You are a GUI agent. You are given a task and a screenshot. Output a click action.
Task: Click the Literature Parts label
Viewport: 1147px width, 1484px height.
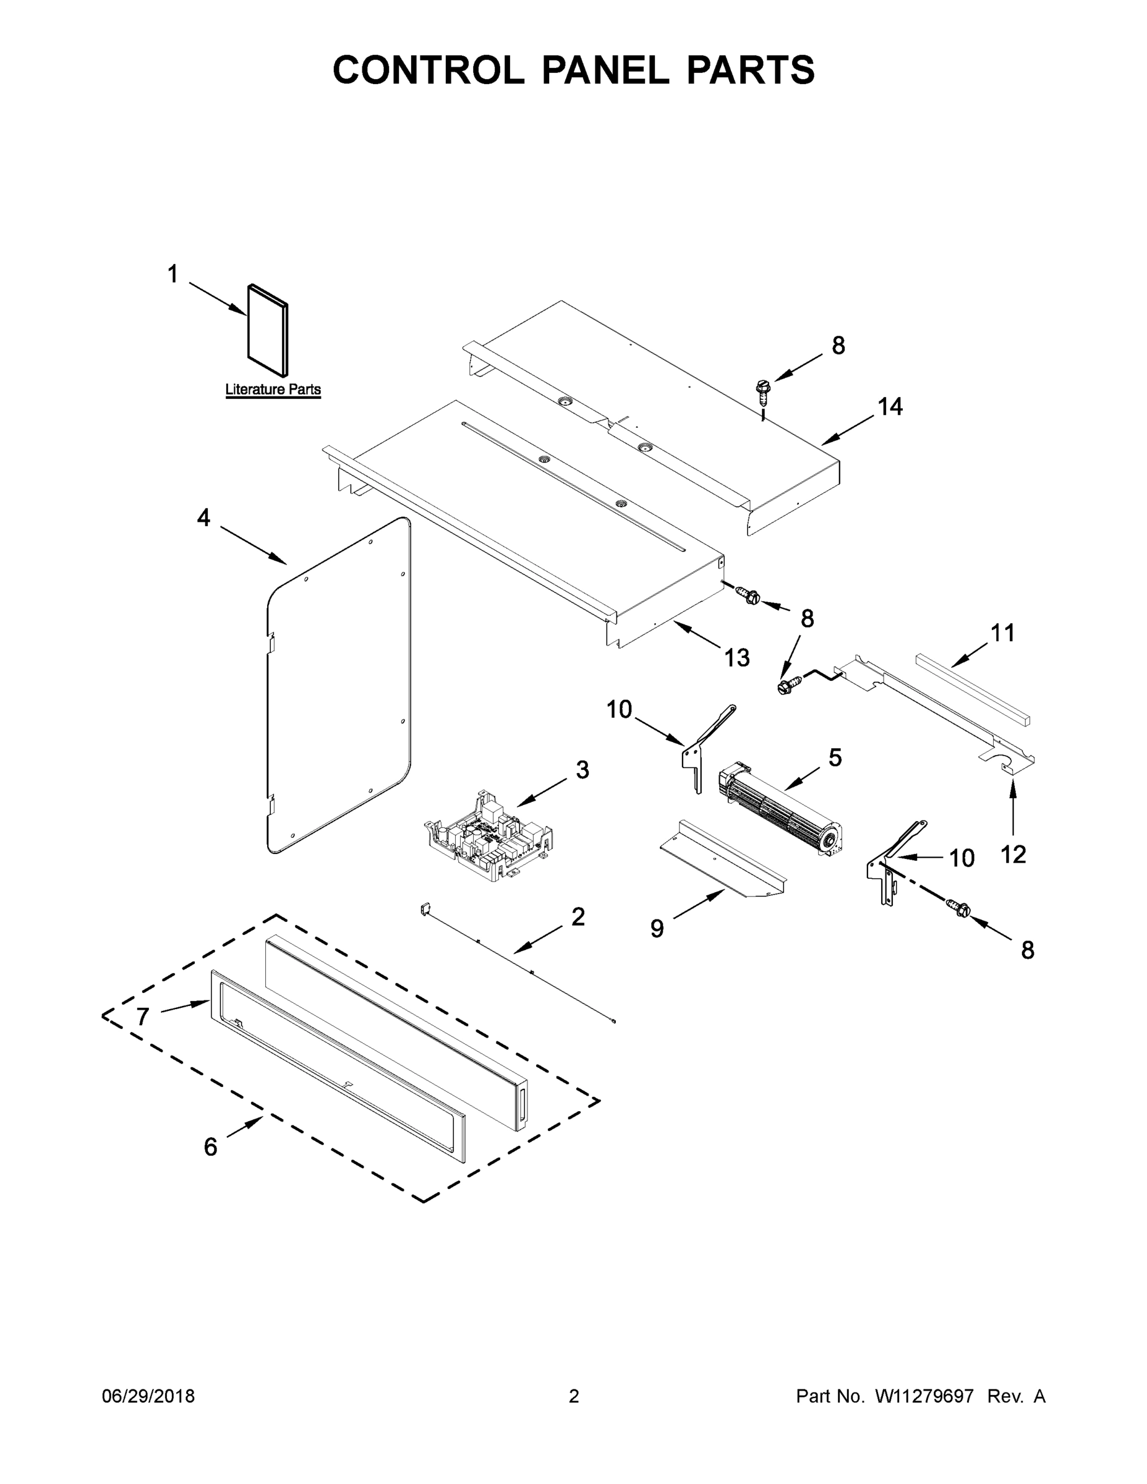273,390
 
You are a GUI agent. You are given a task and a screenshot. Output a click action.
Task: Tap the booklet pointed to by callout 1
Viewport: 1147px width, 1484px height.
268,330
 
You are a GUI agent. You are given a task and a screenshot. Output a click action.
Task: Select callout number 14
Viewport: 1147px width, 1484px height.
890,407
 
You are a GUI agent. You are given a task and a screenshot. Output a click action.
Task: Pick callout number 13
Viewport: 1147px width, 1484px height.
736,657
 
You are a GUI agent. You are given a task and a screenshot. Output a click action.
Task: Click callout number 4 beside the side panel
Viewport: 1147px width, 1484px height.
203,518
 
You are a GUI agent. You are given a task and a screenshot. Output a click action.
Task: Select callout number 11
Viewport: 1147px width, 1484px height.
1002,633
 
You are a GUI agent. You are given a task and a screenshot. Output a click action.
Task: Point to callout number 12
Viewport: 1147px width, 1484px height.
1012,854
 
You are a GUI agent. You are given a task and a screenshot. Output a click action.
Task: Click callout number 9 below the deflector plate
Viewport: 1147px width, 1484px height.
657,928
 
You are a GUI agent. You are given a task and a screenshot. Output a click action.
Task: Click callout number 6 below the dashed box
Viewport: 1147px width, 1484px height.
211,1147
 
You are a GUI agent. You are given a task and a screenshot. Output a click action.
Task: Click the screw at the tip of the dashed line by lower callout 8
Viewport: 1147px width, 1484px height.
959,906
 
